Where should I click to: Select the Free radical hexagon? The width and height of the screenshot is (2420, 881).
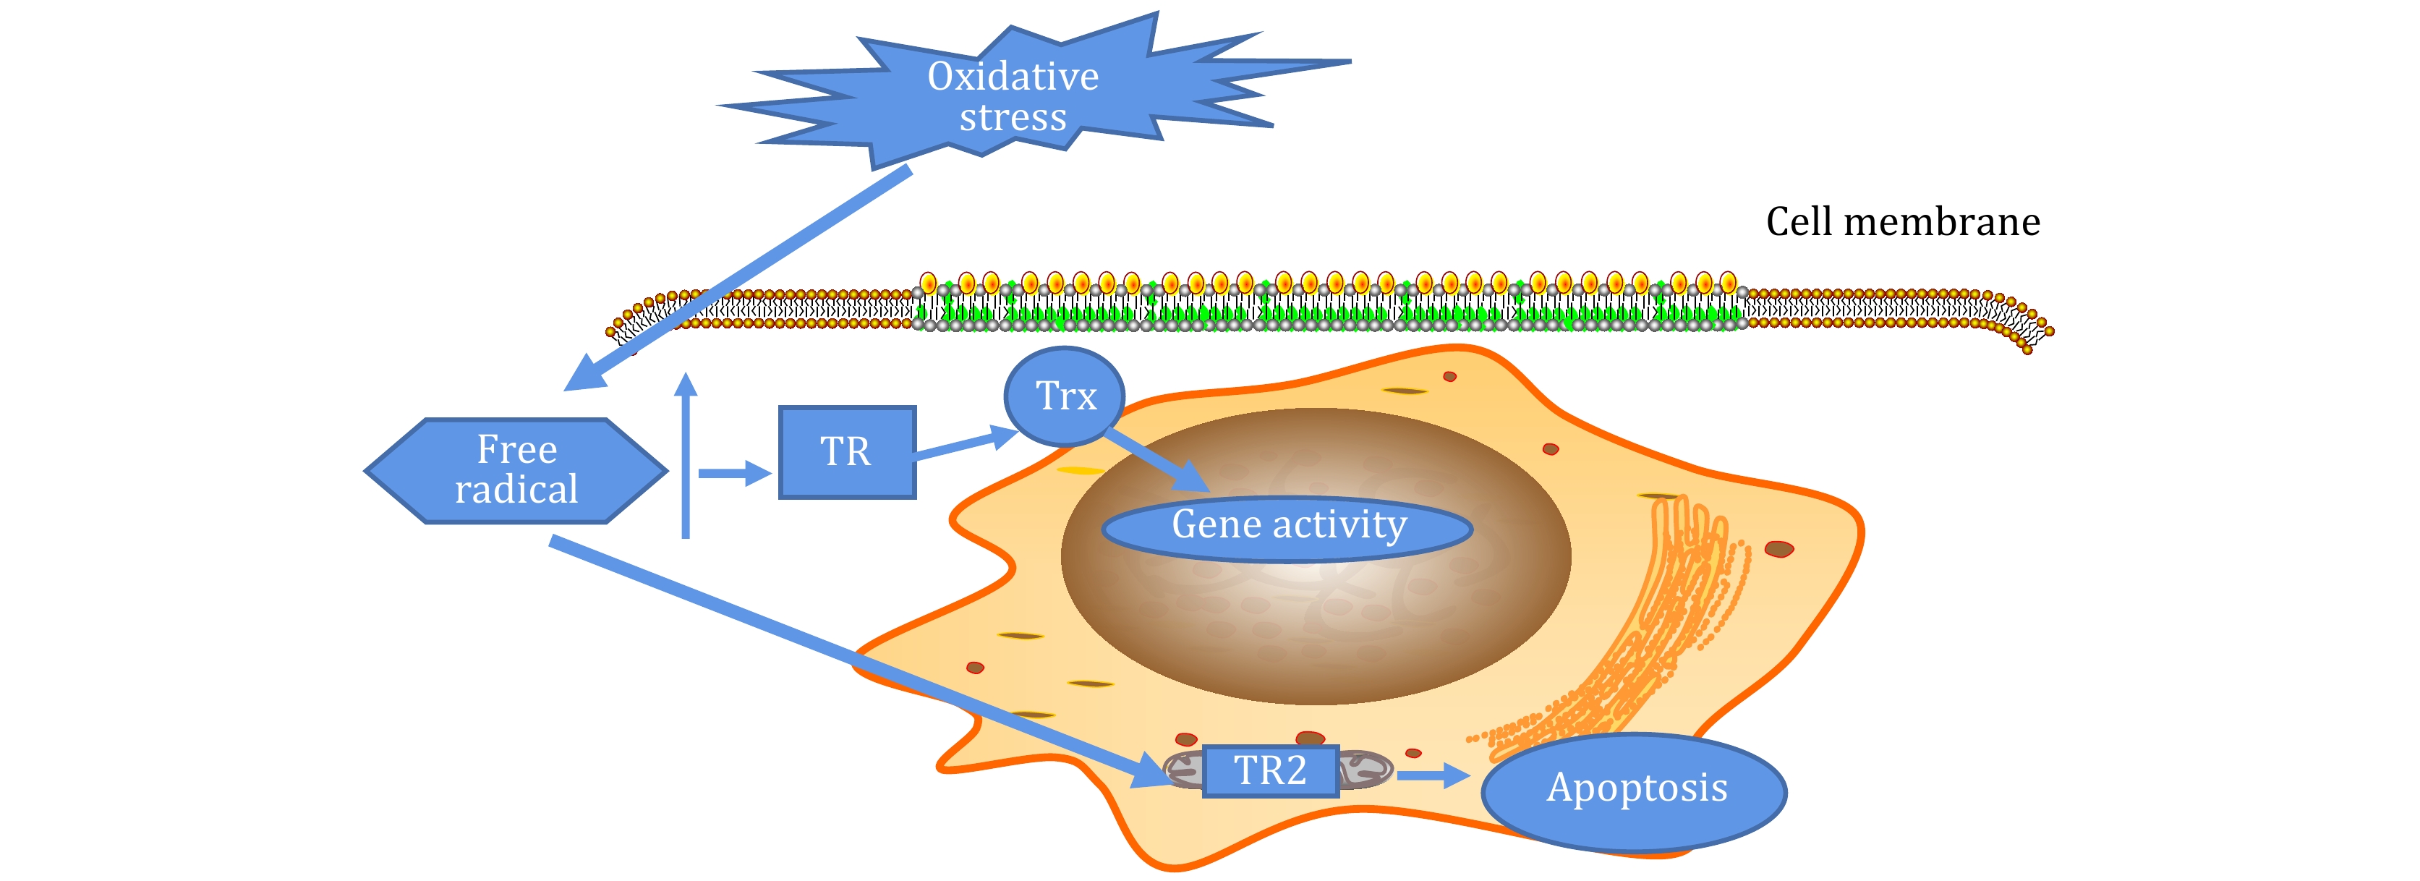click(x=516, y=469)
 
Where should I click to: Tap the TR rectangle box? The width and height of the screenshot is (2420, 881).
click(x=846, y=452)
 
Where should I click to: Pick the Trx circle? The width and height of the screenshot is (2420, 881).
click(x=1065, y=396)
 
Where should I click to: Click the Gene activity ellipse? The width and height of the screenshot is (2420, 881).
click(x=1287, y=528)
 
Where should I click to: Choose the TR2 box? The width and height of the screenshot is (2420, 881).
click(x=1270, y=771)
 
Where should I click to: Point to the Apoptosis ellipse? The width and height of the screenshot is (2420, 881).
click(x=1635, y=791)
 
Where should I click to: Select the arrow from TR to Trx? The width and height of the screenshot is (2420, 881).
click(x=963, y=445)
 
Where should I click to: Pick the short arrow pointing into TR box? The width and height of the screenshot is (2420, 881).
click(x=733, y=473)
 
